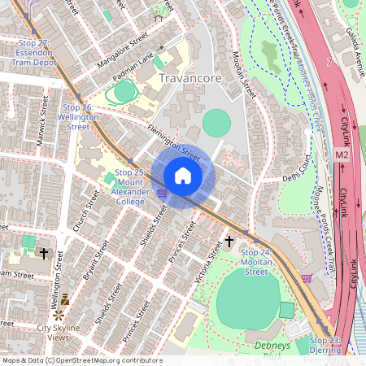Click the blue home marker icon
click(x=183, y=176)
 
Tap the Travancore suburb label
click(x=191, y=79)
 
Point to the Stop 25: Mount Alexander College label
click(x=130, y=186)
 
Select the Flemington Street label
click(x=173, y=142)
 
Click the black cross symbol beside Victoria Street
click(x=230, y=242)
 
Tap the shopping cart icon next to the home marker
click(x=162, y=193)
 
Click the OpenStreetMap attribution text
click(x=82, y=360)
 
